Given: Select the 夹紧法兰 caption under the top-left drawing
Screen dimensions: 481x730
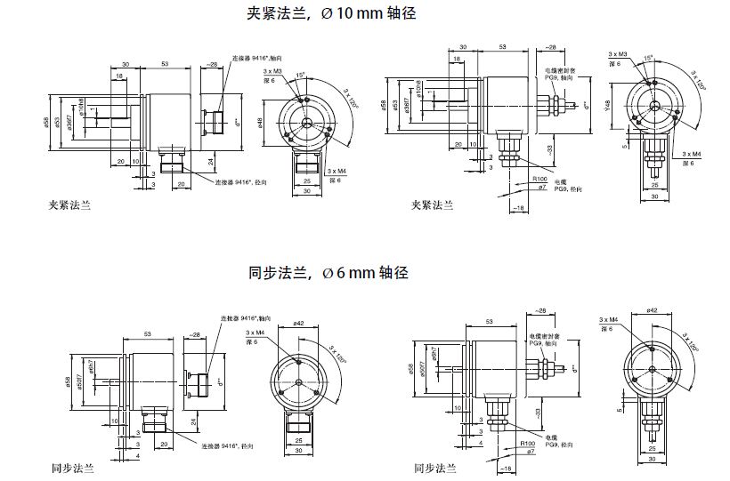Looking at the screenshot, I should coord(70,205).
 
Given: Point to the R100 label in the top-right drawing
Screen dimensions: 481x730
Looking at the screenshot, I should coord(539,179).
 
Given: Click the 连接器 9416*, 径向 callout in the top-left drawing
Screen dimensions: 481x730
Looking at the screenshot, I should coord(241,182).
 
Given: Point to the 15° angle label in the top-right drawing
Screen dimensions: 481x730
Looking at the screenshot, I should coord(647,57).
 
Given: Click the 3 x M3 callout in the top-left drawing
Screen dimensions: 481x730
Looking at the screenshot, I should coord(272,71).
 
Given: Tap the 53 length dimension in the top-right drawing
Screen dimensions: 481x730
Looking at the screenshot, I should coord(503,46).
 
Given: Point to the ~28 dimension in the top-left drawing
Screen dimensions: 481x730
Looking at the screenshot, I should coord(211,64).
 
